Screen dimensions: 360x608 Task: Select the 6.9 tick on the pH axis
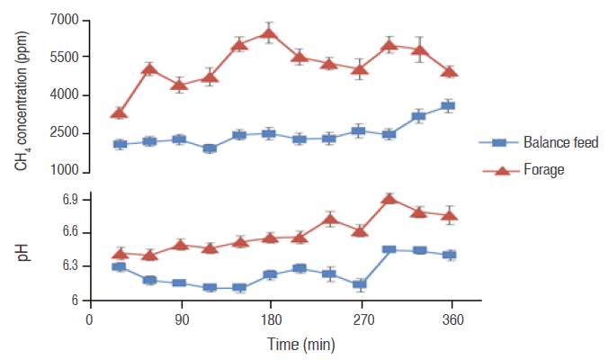click(x=69, y=199)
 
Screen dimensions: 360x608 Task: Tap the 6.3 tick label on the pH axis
click(x=69, y=266)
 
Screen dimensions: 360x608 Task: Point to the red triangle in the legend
click(x=500, y=170)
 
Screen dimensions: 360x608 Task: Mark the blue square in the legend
click(x=500, y=142)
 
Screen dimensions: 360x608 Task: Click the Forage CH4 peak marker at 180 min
click(x=268, y=34)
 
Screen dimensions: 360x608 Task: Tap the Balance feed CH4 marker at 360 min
click(x=448, y=106)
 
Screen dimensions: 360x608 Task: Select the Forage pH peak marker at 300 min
click(x=389, y=198)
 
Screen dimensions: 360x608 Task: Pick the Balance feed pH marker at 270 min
click(x=360, y=284)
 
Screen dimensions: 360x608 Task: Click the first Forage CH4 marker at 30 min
click(x=119, y=113)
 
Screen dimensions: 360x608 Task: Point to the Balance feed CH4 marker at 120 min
click(x=210, y=148)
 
